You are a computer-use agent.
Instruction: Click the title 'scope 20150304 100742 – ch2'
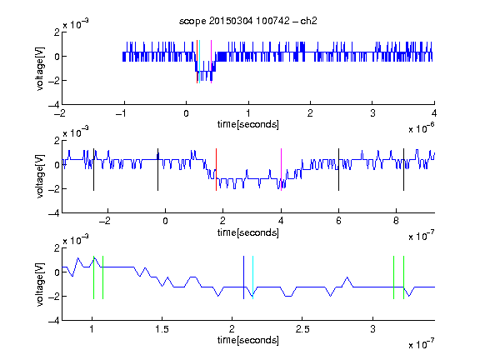(x=248, y=21)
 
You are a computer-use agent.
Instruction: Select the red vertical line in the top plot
(x=197, y=62)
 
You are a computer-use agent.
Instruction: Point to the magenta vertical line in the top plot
(x=211, y=62)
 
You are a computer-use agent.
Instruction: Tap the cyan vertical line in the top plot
(x=200, y=62)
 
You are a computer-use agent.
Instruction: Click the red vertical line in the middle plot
(x=216, y=170)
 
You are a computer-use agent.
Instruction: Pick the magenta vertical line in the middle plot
(x=281, y=170)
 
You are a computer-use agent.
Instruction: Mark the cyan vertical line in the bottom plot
(x=252, y=277)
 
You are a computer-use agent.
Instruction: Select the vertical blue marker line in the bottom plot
(x=243, y=277)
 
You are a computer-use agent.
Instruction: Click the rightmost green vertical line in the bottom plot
(x=404, y=277)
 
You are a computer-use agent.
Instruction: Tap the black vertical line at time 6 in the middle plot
(x=338, y=170)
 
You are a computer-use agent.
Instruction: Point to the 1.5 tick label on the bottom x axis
(x=162, y=329)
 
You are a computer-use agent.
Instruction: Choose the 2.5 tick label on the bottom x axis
(x=302, y=329)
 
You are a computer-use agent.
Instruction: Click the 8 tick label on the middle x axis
(x=396, y=221)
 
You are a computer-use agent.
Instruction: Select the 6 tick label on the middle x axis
(x=338, y=221)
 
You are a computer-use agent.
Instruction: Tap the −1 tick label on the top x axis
(x=122, y=113)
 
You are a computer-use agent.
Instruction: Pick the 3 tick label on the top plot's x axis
(x=372, y=113)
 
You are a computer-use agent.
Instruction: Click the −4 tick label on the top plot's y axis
(x=54, y=105)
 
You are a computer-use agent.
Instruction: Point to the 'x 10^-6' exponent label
(x=422, y=128)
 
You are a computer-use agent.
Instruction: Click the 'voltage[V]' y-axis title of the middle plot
(x=40, y=177)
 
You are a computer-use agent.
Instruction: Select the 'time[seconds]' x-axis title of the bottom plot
(x=248, y=340)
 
